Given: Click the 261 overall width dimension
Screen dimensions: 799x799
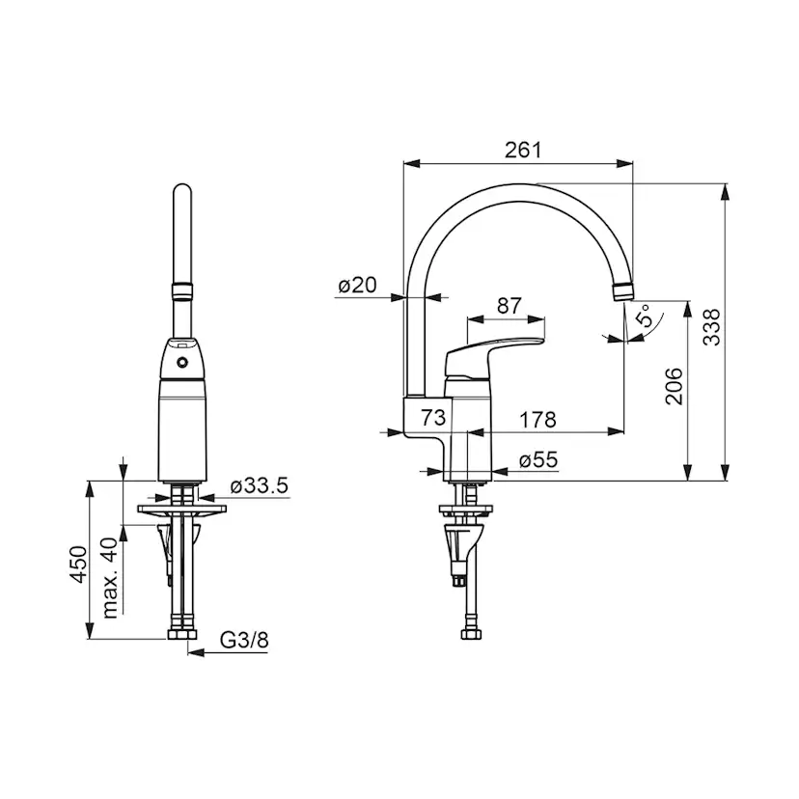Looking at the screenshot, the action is (x=523, y=151).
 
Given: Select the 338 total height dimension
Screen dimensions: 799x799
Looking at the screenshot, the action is (x=712, y=327).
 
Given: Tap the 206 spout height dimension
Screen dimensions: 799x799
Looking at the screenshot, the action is (x=675, y=386).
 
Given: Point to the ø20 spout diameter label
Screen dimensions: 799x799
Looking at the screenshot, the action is (x=358, y=285).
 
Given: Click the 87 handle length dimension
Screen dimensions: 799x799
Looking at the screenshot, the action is (x=510, y=306).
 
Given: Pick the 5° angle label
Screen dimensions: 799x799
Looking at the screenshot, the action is (x=644, y=316).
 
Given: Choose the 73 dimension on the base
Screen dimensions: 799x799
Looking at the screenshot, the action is (x=433, y=417).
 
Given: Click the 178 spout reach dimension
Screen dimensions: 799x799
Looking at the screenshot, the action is (x=537, y=420).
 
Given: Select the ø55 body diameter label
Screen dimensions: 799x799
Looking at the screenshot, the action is (x=538, y=459).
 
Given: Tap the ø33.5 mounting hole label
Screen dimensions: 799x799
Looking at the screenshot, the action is (x=260, y=485).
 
